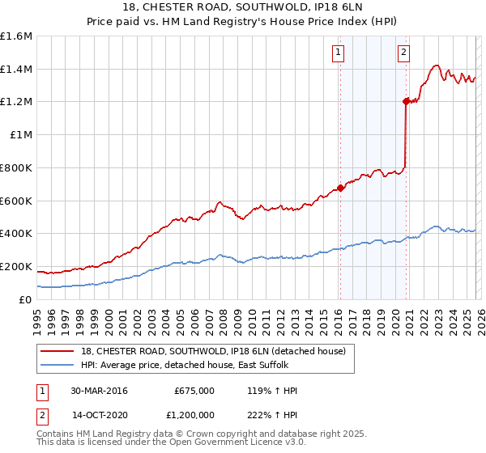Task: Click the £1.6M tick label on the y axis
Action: coord(16,36)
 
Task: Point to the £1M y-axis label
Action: coord(19,135)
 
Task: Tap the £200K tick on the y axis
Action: coord(16,266)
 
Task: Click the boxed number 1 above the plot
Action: coord(337,53)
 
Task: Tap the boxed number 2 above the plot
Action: coord(403,53)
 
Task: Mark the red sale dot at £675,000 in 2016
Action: coord(340,188)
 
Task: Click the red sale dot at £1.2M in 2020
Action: coord(406,101)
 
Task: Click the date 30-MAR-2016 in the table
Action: coord(99,391)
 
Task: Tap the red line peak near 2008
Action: coord(219,202)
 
